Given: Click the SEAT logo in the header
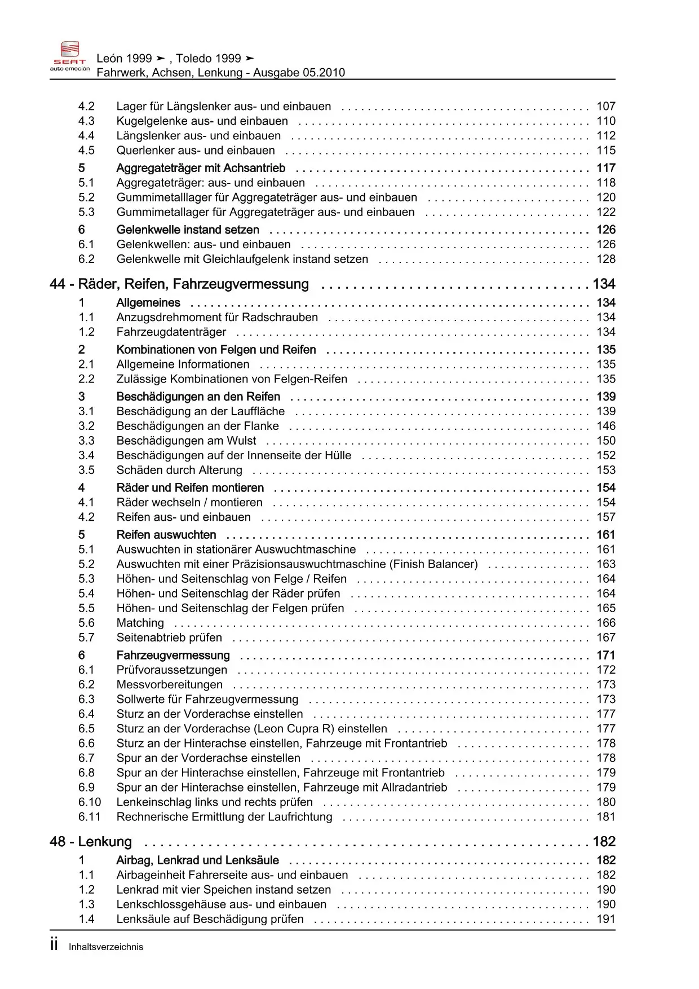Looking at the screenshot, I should click(70, 56).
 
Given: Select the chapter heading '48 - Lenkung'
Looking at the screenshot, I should click(91, 842).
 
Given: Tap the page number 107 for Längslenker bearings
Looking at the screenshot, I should click(606, 106).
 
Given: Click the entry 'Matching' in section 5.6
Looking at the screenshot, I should click(140, 623).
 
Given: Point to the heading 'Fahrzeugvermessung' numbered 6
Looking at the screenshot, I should click(173, 655).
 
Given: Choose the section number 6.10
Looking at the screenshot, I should click(90, 802).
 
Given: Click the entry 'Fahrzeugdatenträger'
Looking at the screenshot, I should click(171, 332).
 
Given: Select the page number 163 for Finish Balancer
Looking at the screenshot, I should click(606, 564).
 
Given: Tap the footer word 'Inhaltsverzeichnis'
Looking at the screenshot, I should click(106, 947).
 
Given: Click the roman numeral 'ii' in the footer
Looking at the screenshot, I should click(54, 945).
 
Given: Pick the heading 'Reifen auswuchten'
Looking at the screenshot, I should click(166, 534).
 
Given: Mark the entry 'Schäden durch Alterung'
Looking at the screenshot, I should click(179, 470).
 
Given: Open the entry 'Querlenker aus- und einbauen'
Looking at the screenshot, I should click(196, 150).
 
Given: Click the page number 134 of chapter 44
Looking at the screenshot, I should click(604, 284).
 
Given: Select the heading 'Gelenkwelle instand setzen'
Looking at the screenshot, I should click(188, 230).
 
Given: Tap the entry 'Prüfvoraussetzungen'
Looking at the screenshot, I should click(172, 670).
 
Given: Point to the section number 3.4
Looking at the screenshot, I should click(86, 455).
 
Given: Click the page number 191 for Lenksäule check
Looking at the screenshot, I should click(606, 918).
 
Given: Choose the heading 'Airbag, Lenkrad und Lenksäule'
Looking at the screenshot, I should click(197, 860).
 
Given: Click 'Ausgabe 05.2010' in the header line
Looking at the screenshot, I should click(299, 72).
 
